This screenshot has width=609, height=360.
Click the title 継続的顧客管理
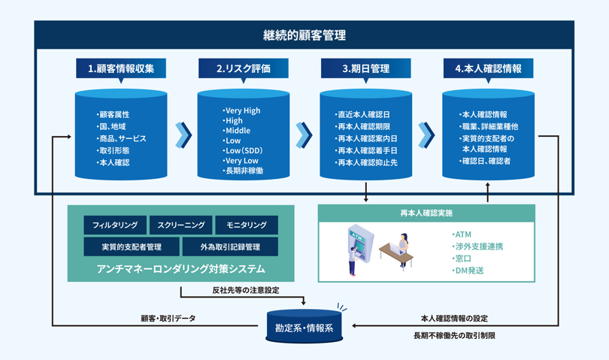point(304,35)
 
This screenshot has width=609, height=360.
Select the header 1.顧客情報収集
point(121,68)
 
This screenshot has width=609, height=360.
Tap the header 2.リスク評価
point(243,68)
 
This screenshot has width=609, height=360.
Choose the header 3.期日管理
point(365,68)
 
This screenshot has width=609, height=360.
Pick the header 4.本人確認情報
point(488,68)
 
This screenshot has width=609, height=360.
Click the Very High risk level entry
point(242,110)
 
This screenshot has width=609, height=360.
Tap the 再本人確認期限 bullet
point(366,127)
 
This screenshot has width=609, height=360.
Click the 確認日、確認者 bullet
point(485,161)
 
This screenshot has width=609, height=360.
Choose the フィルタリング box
point(115,225)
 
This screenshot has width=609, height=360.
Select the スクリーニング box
point(180,225)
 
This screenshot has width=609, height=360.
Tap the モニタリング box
point(247,225)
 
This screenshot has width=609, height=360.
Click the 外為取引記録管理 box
point(230,247)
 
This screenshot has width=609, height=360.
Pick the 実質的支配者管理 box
point(132,247)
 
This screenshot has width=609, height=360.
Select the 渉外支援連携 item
point(477,247)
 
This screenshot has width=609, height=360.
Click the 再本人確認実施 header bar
point(426,213)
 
